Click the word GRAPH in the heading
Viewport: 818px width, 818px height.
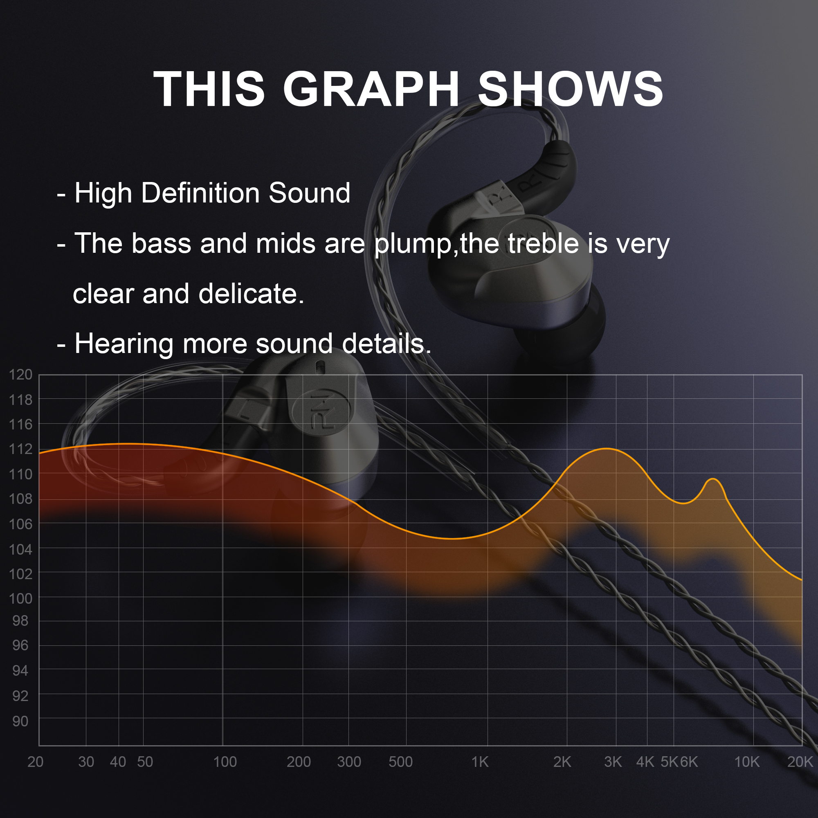point(371,89)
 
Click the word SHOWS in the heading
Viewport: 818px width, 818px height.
point(570,89)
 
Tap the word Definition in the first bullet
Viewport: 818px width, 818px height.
point(200,193)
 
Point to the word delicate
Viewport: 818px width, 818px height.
point(252,294)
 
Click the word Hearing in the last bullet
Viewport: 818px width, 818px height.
point(124,344)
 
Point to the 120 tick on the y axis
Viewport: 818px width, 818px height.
point(21,375)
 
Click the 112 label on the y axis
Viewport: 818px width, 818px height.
point(21,449)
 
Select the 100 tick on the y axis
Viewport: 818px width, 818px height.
point(21,599)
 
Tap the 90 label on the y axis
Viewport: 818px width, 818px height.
point(21,721)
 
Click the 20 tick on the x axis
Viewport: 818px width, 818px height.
point(36,762)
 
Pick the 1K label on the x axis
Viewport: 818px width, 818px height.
point(480,762)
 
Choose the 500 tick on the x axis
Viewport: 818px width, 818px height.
point(400,762)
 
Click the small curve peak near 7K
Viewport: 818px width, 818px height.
point(713,479)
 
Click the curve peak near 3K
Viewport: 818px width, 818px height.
point(607,448)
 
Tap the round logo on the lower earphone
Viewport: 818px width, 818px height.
point(321,411)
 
